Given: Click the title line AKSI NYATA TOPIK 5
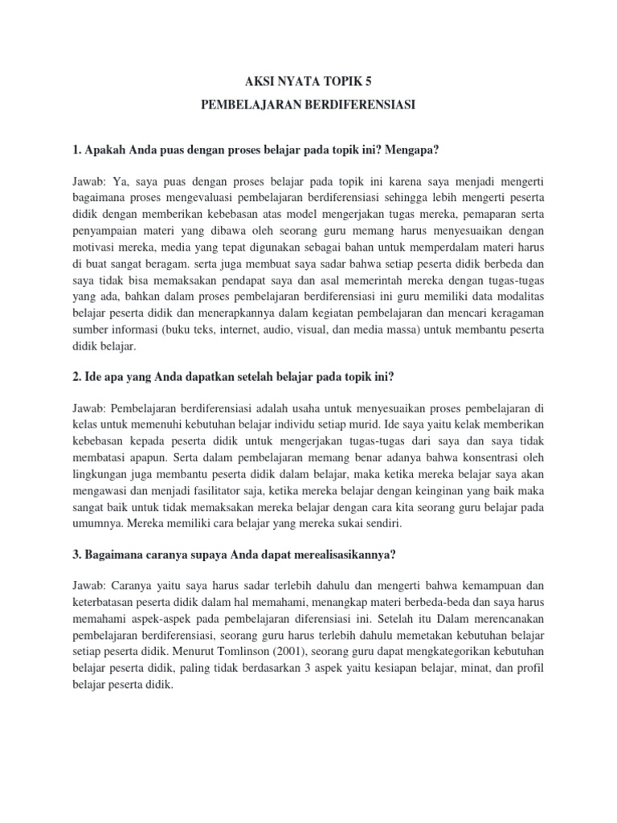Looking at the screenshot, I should (308, 81).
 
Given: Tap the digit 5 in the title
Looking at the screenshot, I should (370, 81).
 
